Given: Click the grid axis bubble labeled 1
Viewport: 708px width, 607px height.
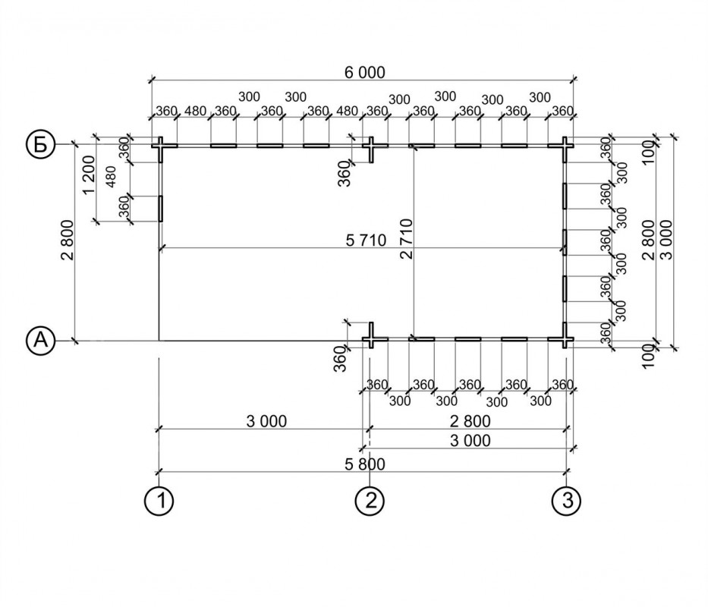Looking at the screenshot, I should point(159,500).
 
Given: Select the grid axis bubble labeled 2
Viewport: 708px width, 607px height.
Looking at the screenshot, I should point(370,500).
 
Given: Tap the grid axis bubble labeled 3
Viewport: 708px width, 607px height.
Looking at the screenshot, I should point(567,500).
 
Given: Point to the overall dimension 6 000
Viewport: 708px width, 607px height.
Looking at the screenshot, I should point(364,73).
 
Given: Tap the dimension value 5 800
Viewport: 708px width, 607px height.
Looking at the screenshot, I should point(364,464).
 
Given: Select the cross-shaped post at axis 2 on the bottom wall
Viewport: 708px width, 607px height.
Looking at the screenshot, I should point(371,338).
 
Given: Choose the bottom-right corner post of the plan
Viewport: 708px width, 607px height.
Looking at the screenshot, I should point(566,338).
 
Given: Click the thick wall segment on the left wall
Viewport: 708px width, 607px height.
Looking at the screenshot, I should point(160,208).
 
